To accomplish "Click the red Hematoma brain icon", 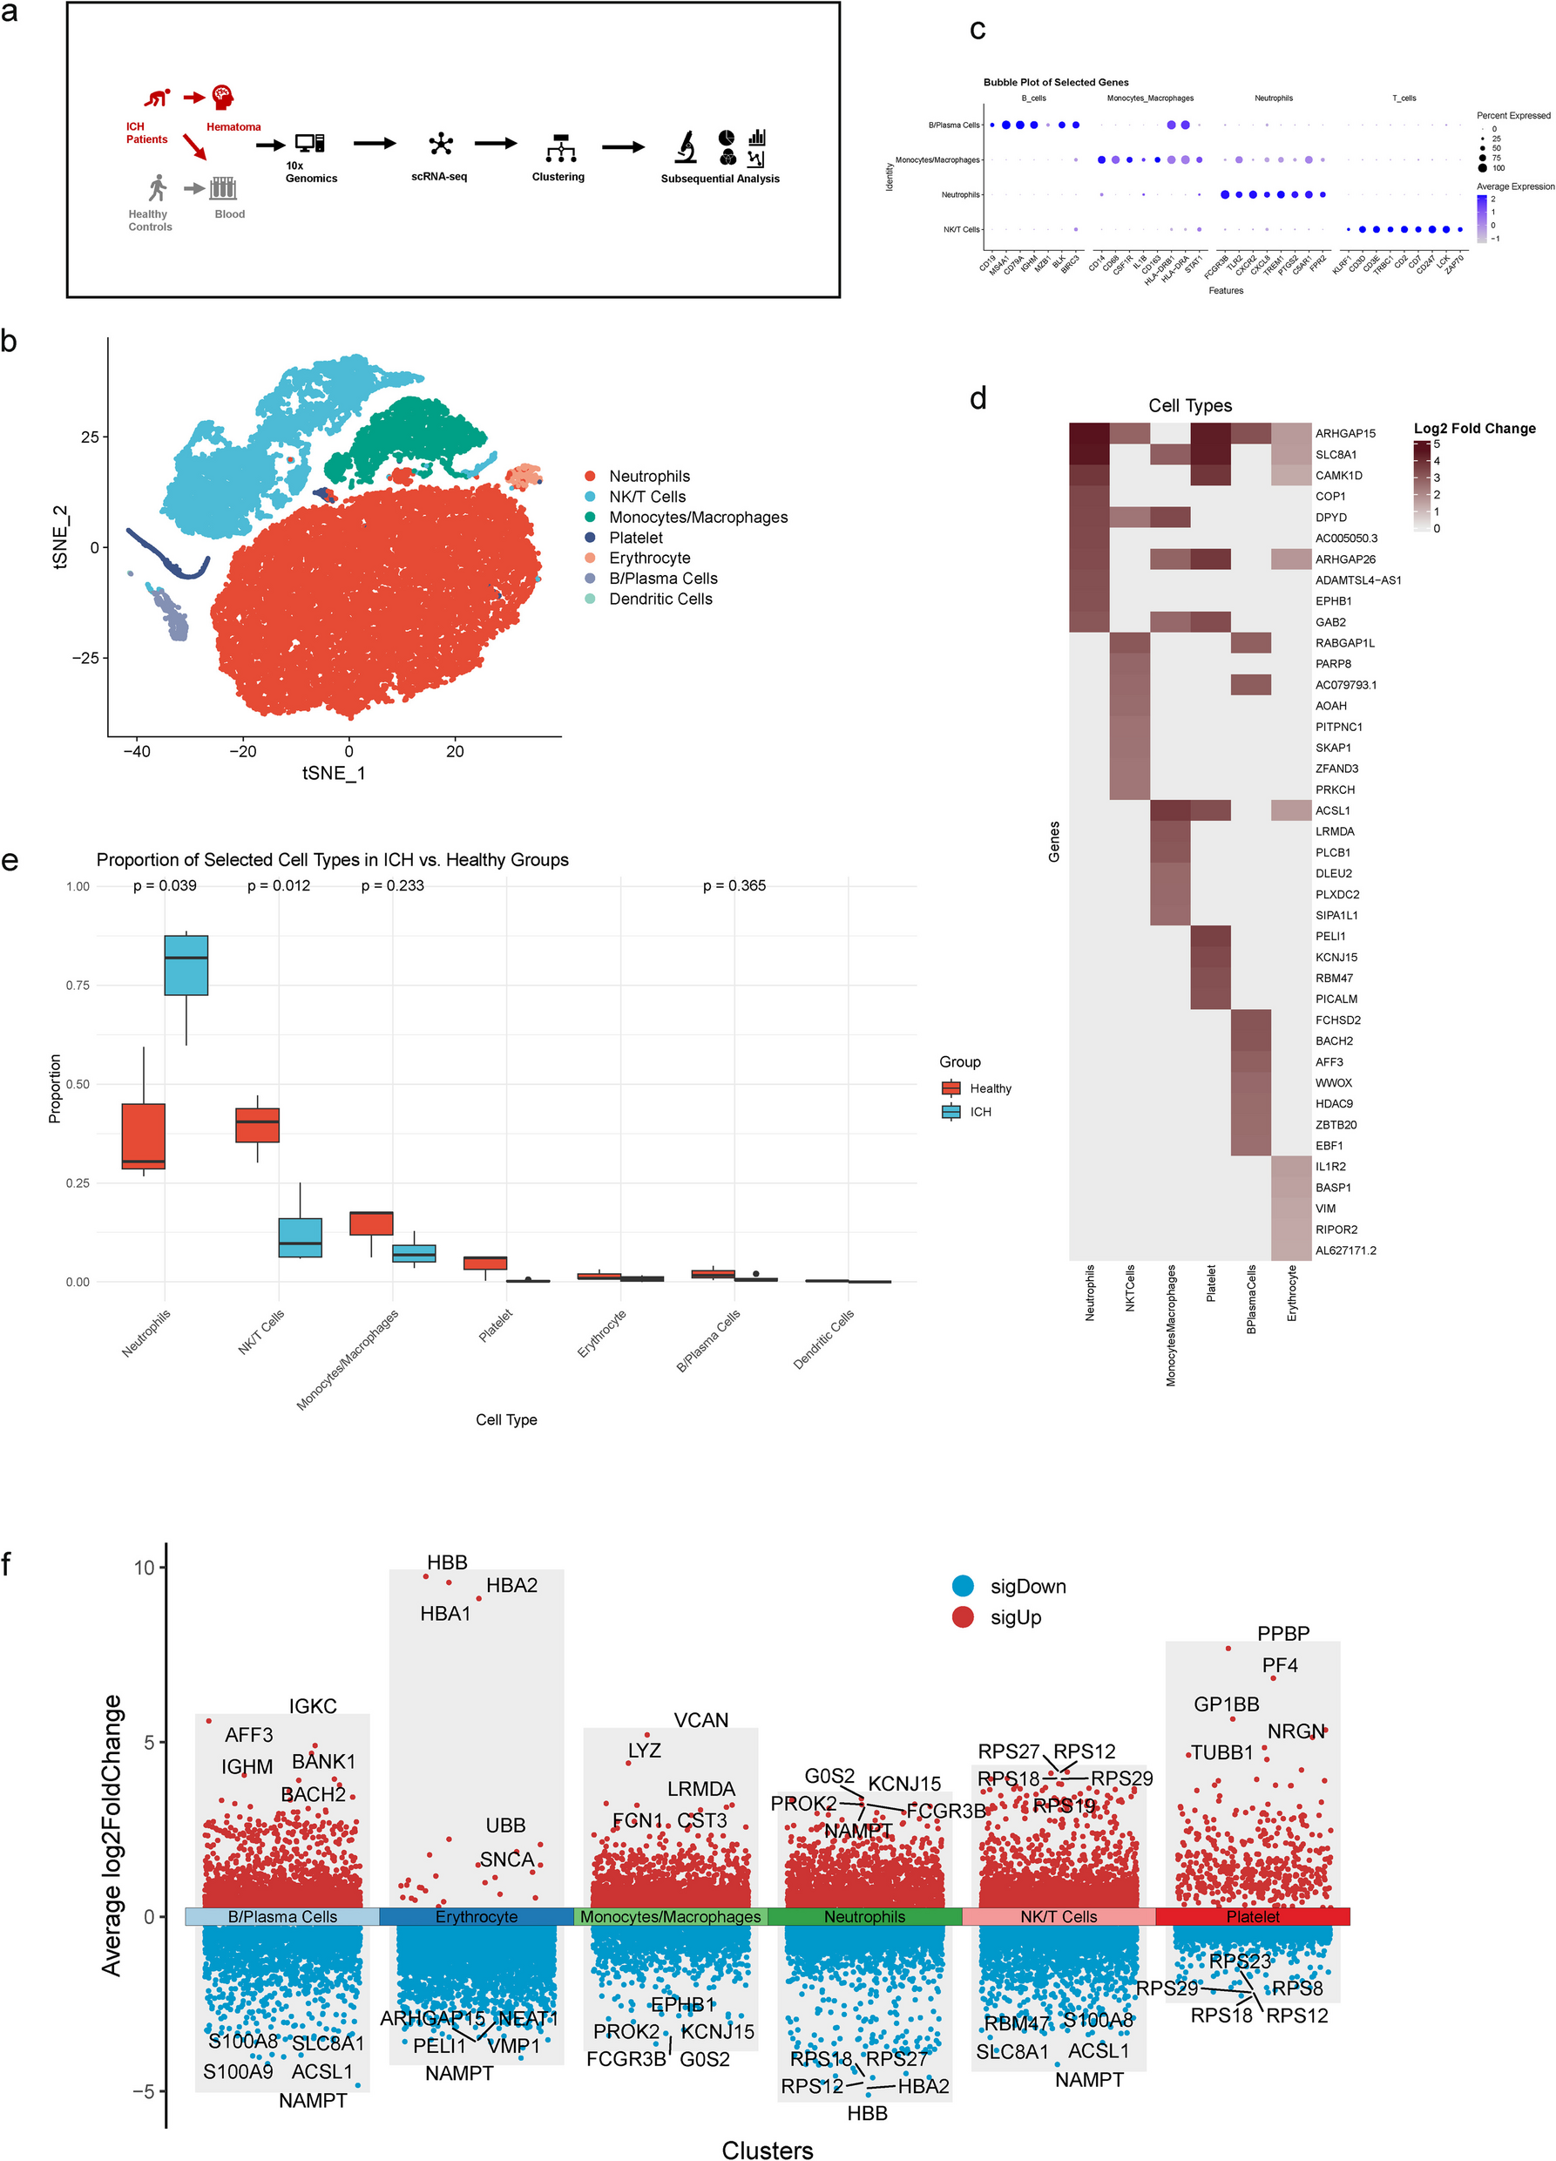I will coord(223,98).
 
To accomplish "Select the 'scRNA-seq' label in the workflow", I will coord(439,176).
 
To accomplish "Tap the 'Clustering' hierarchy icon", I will coord(560,147).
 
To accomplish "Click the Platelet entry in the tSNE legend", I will coord(635,538).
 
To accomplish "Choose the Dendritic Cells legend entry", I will coord(660,599).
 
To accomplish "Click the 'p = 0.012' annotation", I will coord(278,885).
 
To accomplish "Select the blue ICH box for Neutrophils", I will coord(186,965).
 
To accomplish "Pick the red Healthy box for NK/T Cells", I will coord(257,1124).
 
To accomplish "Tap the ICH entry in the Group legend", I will coord(980,1112).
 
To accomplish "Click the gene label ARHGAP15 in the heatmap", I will coord(1344,434).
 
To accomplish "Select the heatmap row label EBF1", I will coord(1329,1145).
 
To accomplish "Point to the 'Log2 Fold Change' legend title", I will coord(1474,429).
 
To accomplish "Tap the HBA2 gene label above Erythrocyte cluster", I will coord(511,1586).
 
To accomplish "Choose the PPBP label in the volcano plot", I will coord(1282,1633).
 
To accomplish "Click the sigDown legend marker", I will coord(963,1586).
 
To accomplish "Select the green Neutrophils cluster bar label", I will coord(864,1916).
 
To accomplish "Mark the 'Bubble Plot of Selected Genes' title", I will coord(1056,83).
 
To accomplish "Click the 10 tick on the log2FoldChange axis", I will coord(144,1568).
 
